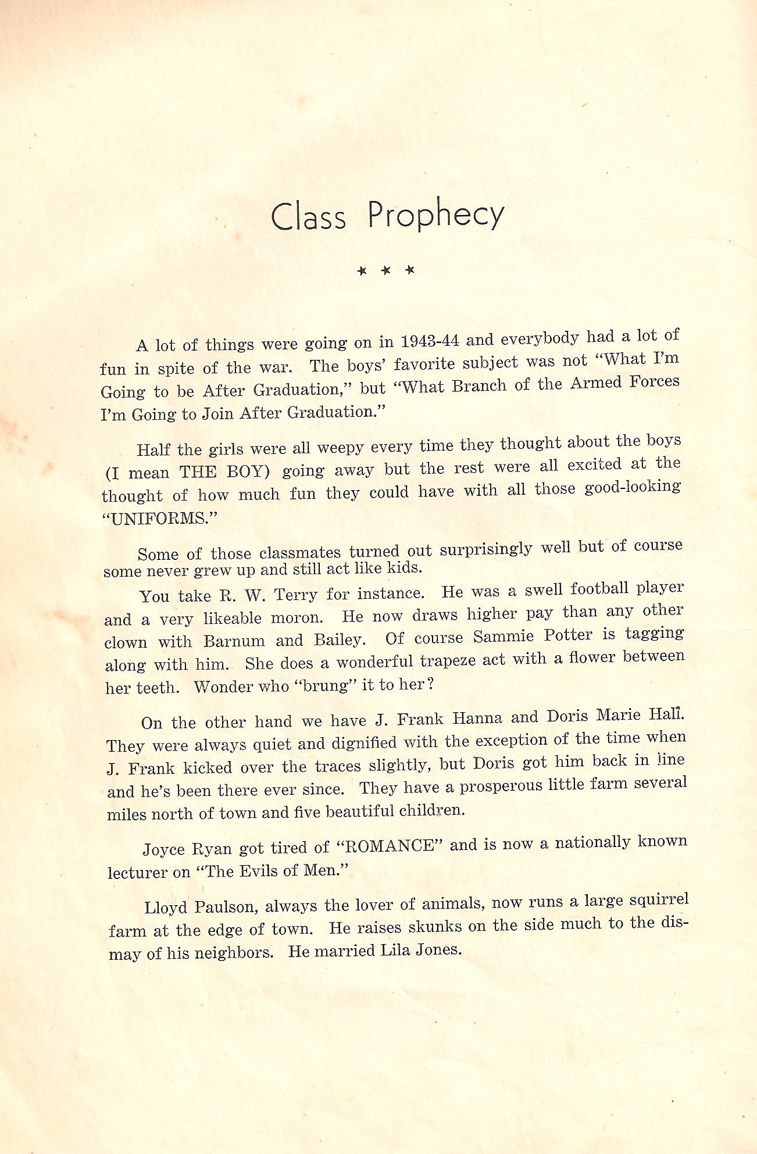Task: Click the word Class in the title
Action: coord(308,217)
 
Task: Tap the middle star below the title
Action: coord(385,270)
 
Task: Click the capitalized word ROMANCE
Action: coord(390,845)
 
